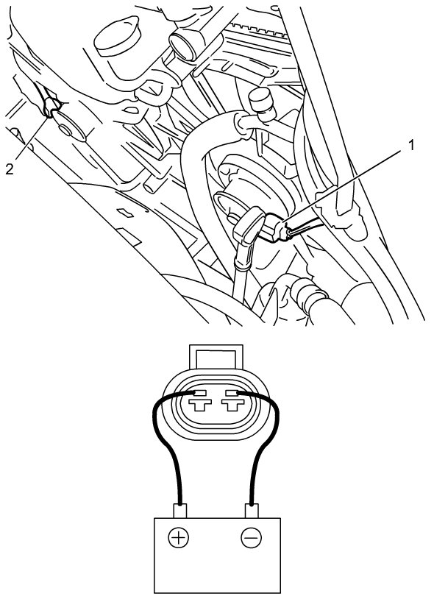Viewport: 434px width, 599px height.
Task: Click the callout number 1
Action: click(410, 145)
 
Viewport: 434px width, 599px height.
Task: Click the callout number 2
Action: click(10, 169)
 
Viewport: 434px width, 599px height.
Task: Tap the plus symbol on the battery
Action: click(178, 538)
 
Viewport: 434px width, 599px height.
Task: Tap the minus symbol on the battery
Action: click(251, 538)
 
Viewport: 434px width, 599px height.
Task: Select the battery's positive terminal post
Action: click(179, 511)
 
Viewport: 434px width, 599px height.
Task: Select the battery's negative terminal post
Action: click(251, 511)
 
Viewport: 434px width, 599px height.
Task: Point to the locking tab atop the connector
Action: click(216, 357)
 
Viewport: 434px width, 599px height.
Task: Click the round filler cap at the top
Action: click(117, 36)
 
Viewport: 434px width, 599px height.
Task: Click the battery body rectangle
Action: click(217, 555)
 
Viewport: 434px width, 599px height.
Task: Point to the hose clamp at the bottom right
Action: click(308, 294)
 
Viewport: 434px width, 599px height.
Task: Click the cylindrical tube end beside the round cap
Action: click(184, 45)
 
